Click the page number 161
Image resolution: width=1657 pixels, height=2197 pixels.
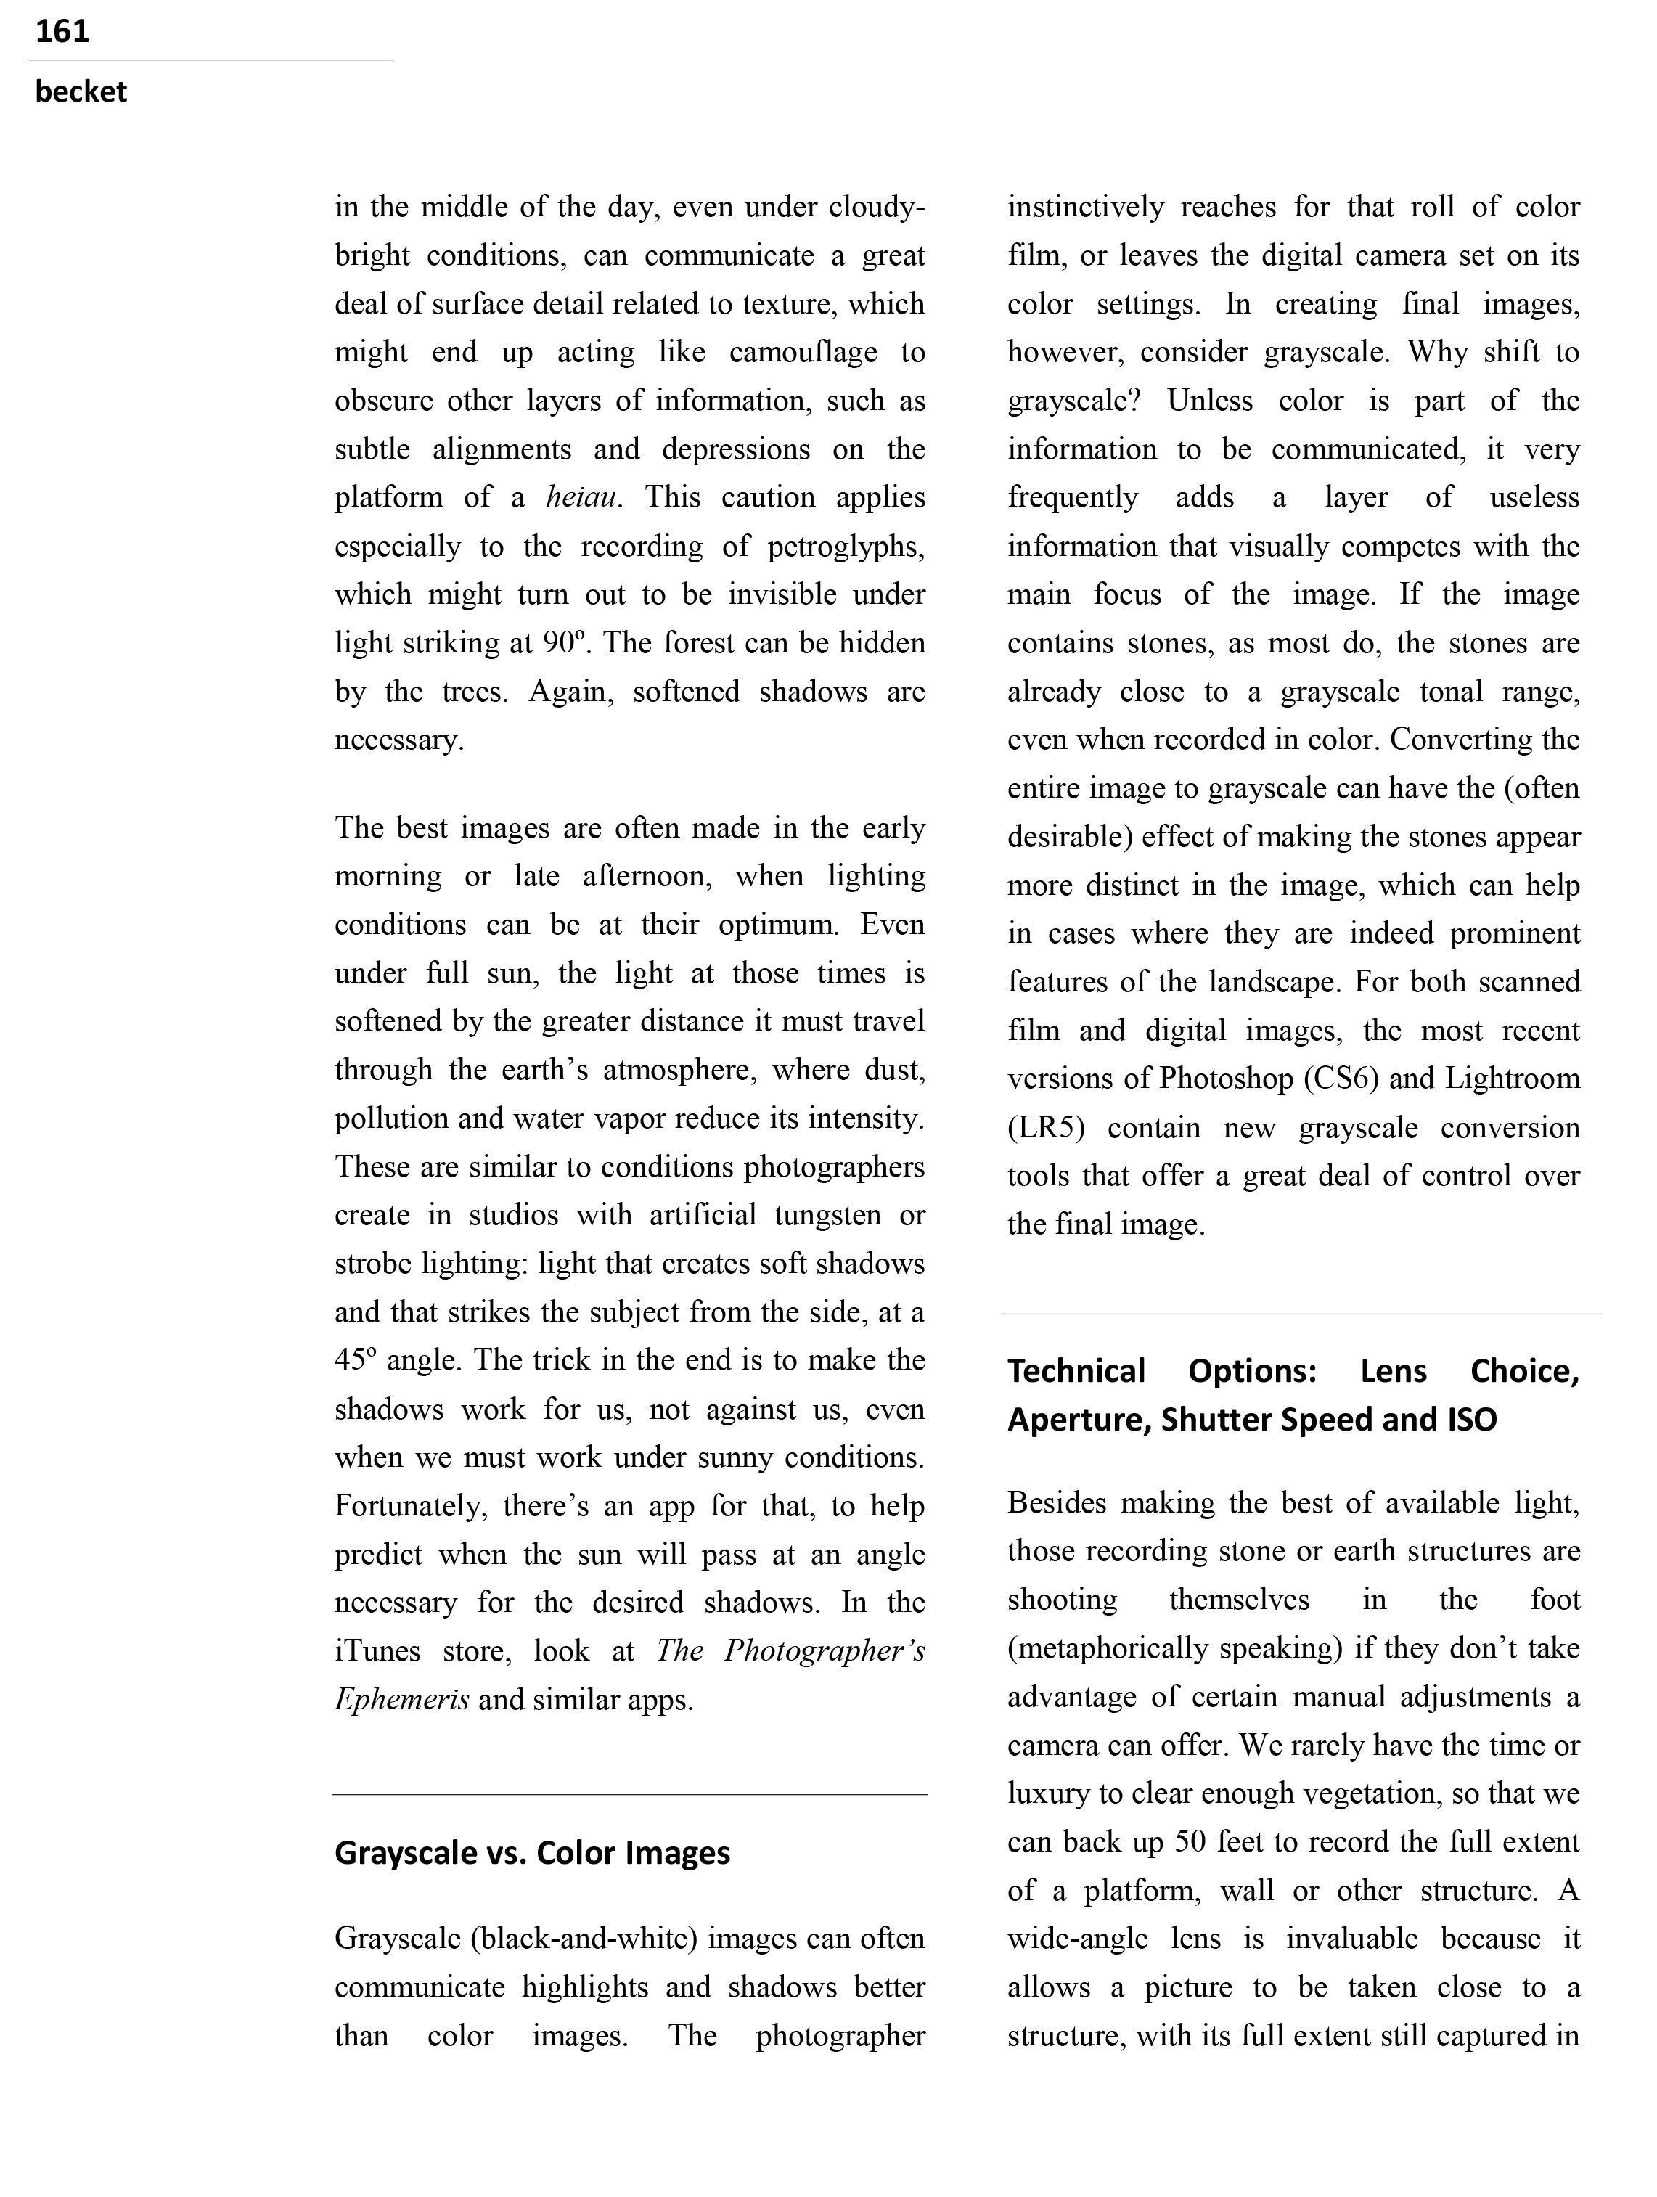tap(62, 32)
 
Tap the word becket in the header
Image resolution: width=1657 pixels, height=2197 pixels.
tap(81, 92)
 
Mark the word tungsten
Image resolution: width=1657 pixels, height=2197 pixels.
tap(827, 1216)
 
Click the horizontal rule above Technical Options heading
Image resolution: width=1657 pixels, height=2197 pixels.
tap(1298, 1314)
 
